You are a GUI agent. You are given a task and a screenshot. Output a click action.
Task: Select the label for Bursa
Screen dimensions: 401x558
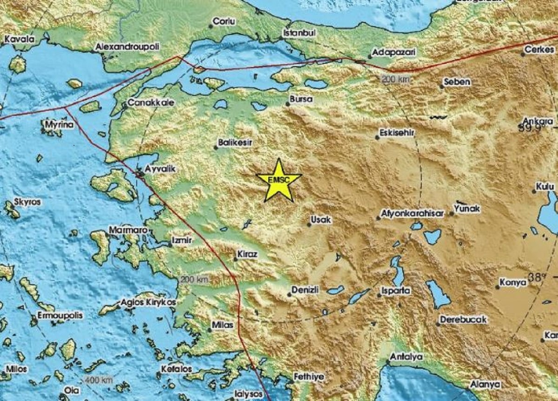(x=301, y=99)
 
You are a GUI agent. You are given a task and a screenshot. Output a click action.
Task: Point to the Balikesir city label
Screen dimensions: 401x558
(x=235, y=143)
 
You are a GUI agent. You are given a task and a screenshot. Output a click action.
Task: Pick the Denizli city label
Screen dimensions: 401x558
(x=305, y=290)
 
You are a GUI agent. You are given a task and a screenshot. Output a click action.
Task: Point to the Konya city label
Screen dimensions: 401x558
(x=513, y=282)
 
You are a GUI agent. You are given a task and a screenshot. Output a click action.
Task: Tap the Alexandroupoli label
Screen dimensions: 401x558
(x=127, y=47)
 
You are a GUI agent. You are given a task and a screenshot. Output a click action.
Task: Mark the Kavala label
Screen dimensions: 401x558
(x=20, y=40)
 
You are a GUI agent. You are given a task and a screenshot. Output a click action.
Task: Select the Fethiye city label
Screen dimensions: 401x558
(x=309, y=376)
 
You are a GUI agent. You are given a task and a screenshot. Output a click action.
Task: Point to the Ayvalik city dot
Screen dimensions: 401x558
(x=141, y=174)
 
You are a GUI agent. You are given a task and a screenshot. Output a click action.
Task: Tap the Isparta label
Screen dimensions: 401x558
(x=396, y=291)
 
